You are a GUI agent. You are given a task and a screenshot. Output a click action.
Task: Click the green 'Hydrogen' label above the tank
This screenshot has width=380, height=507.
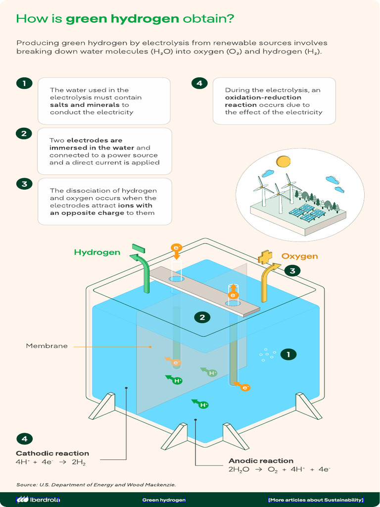click(x=97, y=253)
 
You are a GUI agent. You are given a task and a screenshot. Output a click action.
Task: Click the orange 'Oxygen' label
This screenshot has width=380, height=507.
click(x=299, y=256)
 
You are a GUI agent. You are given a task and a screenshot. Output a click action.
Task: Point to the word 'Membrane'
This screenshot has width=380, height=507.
click(x=47, y=346)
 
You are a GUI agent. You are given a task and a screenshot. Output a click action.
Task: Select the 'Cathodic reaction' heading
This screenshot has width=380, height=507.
click(x=52, y=453)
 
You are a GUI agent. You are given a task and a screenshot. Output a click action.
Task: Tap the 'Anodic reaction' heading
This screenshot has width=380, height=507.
click(x=261, y=460)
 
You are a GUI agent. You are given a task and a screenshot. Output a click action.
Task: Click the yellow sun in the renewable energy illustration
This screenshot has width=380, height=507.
click(x=283, y=161)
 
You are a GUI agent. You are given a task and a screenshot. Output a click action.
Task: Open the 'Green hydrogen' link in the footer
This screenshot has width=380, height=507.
click(x=164, y=500)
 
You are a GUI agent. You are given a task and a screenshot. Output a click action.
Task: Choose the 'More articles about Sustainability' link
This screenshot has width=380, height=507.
click(x=316, y=500)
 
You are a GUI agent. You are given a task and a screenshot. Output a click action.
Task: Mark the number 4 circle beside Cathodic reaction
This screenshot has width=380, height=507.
click(x=24, y=439)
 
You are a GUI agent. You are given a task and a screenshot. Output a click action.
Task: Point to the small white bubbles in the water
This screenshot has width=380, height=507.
click(x=267, y=354)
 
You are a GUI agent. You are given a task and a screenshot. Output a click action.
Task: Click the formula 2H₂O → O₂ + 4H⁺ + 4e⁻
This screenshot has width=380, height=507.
click(x=279, y=469)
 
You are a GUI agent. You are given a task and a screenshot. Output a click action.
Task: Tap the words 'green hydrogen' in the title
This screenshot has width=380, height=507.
click(x=122, y=19)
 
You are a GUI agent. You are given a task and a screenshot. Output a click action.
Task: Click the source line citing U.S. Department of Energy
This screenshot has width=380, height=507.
click(x=96, y=484)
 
